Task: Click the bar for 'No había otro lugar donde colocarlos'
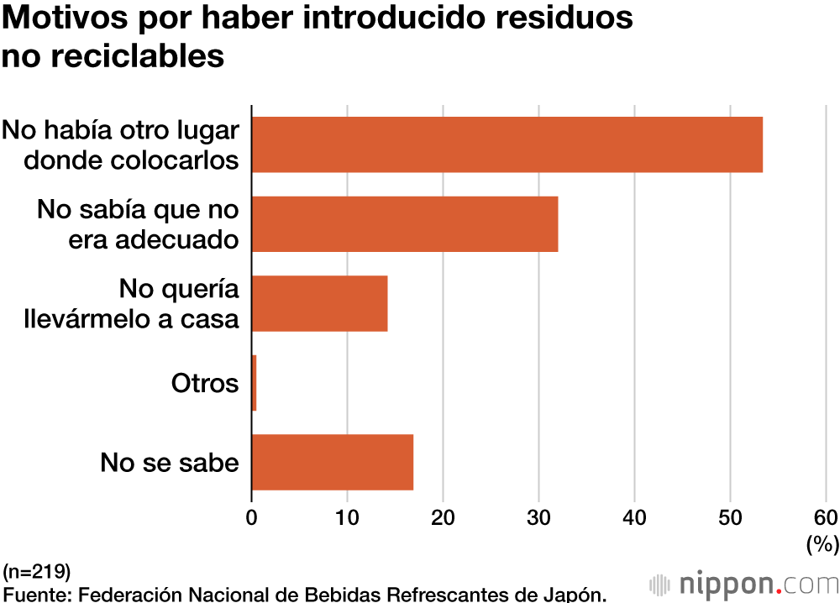[507, 144]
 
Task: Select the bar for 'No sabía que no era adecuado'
[405, 224]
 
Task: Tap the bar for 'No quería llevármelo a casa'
[319, 303]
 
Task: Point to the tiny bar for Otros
[254, 383]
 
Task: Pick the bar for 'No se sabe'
[333, 462]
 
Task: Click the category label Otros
[205, 384]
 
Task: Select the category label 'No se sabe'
[170, 463]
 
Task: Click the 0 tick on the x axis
[252, 516]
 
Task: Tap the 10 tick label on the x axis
[347, 516]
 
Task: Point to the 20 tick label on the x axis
[443, 516]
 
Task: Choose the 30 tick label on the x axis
[538, 516]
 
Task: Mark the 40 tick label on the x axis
[634, 516]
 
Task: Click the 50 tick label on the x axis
[730, 516]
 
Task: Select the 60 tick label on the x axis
[825, 516]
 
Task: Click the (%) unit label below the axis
[822, 544]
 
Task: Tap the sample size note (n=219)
[37, 574]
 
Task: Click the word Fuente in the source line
[36, 595]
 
